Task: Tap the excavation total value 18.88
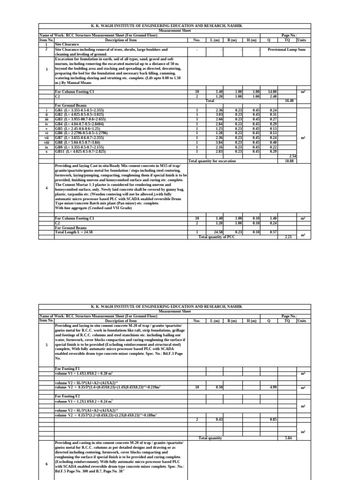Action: point(289,160)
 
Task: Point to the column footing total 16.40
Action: point(289,100)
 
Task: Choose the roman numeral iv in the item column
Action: point(46,124)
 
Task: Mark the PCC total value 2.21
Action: point(289,237)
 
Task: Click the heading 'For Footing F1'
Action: point(68,369)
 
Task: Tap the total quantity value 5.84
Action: point(289,438)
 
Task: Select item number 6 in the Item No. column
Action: point(46,464)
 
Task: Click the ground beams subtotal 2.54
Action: point(293,156)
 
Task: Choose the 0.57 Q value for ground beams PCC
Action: point(273,232)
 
